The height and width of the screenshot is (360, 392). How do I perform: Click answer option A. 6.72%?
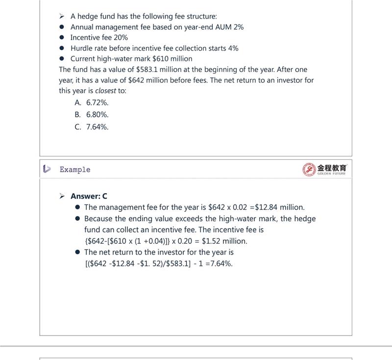pos(92,103)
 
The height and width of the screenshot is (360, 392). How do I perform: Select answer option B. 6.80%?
pos(92,115)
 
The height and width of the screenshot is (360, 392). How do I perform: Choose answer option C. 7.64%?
pos(92,127)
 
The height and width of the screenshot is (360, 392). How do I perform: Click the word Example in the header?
pos(75,170)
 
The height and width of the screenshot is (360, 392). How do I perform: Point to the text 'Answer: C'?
pos(89,196)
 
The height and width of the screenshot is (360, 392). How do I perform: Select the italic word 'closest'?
pos(105,91)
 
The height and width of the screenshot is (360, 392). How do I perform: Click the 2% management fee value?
pos(239,27)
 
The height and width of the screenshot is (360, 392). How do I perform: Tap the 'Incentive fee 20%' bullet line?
pos(99,38)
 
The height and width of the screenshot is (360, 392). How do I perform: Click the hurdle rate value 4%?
pos(233,48)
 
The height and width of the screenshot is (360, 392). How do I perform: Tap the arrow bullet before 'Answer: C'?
pos(62,196)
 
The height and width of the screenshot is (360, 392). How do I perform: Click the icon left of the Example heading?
pos(47,169)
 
